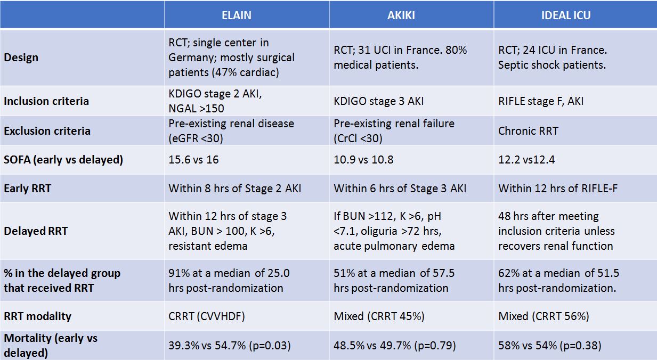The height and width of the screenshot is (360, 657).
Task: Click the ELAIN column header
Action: point(236,15)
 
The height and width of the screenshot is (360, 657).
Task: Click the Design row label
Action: point(21,58)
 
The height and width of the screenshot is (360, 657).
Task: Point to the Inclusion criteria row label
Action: point(46,101)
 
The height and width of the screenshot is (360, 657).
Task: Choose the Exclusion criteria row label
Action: point(47,130)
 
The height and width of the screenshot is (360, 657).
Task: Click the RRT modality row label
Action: point(38,316)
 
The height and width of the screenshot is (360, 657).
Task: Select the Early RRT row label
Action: point(28,189)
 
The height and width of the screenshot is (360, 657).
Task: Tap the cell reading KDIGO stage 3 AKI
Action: point(379,101)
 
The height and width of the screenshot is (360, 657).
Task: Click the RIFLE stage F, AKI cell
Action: point(541,101)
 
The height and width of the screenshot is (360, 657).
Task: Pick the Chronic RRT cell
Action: point(528,130)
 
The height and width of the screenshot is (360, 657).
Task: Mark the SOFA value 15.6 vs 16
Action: point(193,159)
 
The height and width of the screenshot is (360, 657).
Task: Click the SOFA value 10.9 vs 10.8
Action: point(363,159)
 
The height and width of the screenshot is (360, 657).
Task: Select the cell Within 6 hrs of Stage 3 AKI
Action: point(400,189)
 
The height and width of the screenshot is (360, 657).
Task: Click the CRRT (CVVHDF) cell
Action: point(207,316)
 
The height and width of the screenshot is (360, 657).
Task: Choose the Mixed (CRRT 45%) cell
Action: point(379,316)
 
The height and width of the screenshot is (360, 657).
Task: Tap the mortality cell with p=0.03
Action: point(230,345)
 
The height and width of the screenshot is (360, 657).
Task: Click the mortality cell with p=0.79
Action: point(395,345)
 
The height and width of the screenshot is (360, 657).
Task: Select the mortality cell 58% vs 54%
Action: point(550,345)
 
